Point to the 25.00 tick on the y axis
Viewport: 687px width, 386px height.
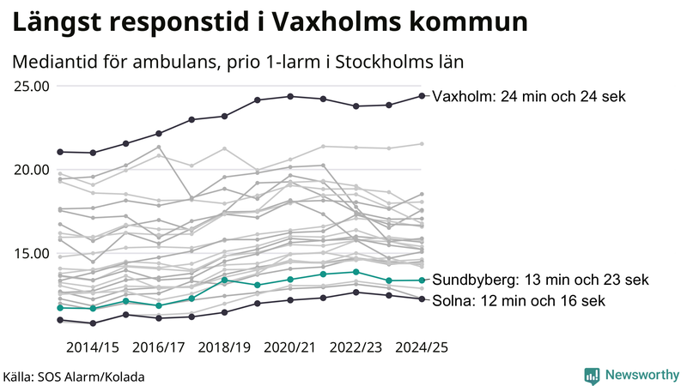click(32, 86)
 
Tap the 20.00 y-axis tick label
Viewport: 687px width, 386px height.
click(32, 169)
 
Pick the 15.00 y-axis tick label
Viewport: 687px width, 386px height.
click(32, 253)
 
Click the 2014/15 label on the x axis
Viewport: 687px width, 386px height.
click(92, 348)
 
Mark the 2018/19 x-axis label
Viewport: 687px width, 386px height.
click(224, 348)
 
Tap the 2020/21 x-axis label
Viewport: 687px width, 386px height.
click(290, 348)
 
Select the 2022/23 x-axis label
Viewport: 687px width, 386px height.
click(356, 348)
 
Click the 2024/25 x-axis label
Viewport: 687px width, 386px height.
click(421, 348)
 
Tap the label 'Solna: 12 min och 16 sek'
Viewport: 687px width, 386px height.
click(520, 301)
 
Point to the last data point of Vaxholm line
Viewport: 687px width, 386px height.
click(422, 96)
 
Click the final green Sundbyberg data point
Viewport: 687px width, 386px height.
click(422, 280)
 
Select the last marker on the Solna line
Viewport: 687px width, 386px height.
click(422, 299)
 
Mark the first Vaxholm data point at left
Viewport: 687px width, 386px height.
click(60, 152)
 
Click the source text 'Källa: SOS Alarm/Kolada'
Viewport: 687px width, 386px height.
click(74, 377)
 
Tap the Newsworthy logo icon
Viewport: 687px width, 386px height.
click(592, 375)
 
